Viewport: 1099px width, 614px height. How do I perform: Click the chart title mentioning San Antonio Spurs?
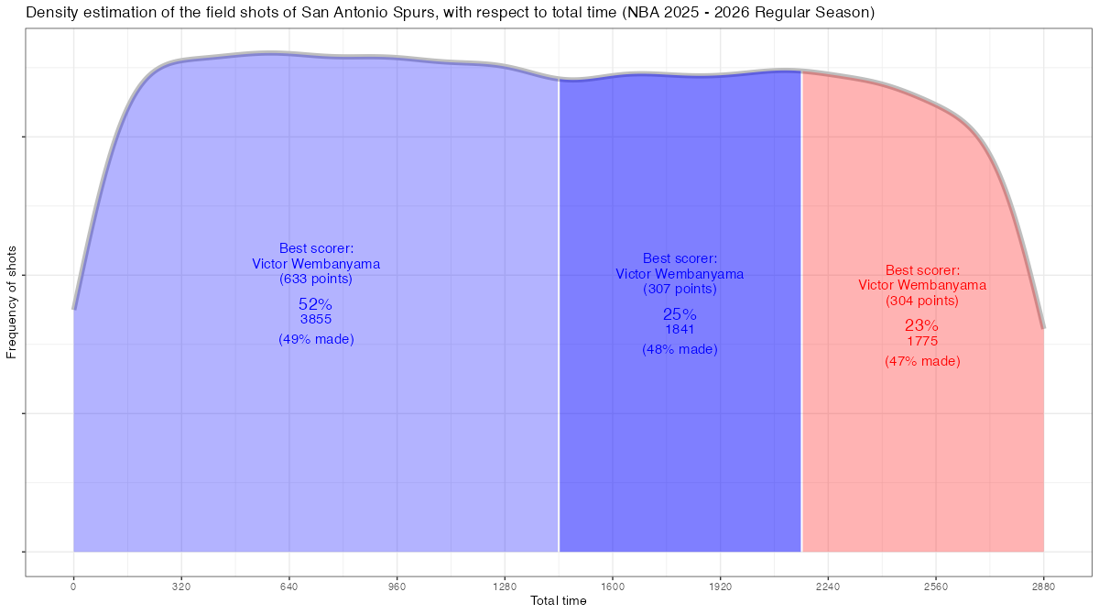click(450, 13)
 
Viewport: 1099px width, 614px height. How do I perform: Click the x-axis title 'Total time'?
click(559, 601)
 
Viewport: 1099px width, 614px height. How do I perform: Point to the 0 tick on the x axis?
click(73, 586)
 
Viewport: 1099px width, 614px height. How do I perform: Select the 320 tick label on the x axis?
click(181, 586)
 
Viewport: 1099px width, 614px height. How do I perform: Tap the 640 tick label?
click(289, 586)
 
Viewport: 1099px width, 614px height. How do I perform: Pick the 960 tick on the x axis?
click(397, 586)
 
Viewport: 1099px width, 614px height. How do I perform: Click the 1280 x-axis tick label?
click(505, 586)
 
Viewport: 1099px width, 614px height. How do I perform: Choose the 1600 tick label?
click(613, 586)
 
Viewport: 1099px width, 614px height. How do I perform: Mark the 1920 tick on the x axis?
click(721, 586)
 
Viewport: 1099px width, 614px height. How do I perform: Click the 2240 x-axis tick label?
click(828, 586)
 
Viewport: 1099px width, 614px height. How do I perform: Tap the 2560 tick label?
click(936, 586)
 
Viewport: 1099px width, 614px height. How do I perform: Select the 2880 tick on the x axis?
click(1044, 586)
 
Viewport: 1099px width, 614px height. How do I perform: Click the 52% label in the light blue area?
click(315, 303)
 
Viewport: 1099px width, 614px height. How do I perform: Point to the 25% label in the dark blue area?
click(680, 314)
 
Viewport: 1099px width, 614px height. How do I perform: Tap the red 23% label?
click(921, 325)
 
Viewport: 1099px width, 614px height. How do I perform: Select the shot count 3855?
click(316, 320)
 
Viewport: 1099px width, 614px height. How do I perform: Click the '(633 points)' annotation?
click(316, 280)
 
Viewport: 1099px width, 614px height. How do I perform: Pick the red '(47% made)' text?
click(922, 362)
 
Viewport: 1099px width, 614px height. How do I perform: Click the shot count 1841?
click(680, 330)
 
